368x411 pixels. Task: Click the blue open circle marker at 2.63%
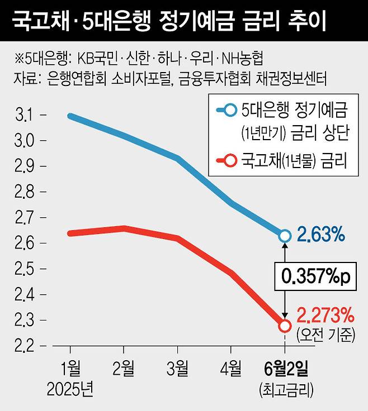[284, 236]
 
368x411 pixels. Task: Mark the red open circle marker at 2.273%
[284, 326]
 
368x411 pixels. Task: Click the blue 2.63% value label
[320, 235]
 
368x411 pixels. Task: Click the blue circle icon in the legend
[229, 109]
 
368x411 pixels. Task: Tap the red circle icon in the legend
[229, 162]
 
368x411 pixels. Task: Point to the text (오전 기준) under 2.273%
[327, 334]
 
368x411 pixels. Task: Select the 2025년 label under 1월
[70, 388]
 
